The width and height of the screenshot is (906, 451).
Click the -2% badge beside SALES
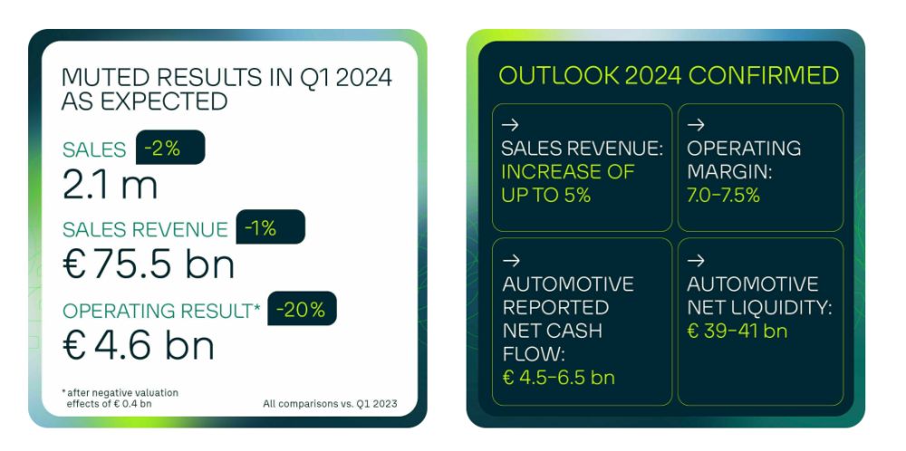tap(170, 148)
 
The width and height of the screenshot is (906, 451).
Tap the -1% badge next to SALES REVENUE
tap(270, 227)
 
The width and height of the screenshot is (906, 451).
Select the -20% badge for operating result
tap(303, 309)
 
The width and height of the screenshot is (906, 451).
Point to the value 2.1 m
tap(110, 186)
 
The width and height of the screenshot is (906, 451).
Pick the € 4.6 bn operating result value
tap(139, 346)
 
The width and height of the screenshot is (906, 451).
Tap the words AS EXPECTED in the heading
tap(144, 101)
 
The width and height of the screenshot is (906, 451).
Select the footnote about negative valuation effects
tap(120, 398)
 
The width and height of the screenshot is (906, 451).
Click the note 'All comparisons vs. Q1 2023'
tap(330, 404)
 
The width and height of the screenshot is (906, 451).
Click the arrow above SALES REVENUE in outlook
tap(510, 124)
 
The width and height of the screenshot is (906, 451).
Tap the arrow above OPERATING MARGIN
tap(696, 124)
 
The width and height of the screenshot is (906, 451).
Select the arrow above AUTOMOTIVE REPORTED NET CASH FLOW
tap(511, 261)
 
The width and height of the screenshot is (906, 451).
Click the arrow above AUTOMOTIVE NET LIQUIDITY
tap(696, 261)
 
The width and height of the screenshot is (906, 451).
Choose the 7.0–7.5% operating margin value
tap(723, 196)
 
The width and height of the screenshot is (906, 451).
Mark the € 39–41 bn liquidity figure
tap(737, 331)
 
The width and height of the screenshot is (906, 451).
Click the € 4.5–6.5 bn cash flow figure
tap(559, 378)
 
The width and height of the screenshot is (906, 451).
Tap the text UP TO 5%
tap(546, 196)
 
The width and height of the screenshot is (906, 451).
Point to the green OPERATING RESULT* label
tap(162, 311)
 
